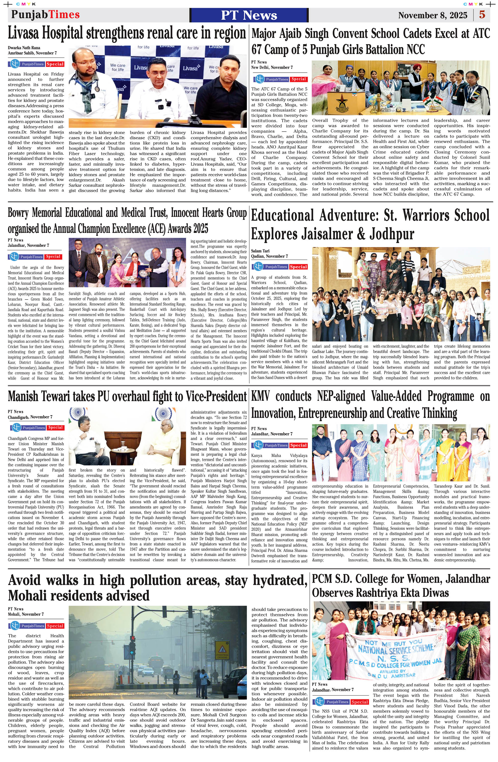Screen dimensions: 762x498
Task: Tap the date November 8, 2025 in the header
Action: pos(433,15)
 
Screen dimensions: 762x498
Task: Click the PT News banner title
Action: pos(249,15)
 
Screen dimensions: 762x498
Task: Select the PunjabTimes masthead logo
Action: pos(46,15)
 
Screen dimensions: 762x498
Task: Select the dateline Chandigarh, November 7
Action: pos(30,417)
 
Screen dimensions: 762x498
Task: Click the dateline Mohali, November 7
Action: pos(26,614)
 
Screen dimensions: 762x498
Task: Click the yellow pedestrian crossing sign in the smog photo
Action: pos(221,650)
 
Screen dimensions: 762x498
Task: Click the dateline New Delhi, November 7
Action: pos(272,67)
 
